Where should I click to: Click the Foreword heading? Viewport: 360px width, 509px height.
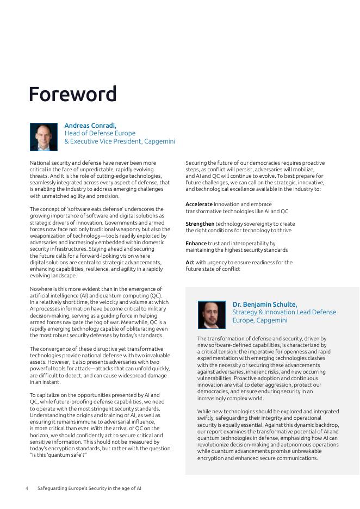pyautogui.click(x=72, y=94)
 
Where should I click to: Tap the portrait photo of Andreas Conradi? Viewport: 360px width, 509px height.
pyautogui.click(x=44, y=136)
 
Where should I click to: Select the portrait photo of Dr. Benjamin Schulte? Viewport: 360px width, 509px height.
pyautogui.click(x=212, y=315)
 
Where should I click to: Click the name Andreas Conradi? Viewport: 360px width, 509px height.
pyautogui.click(x=90, y=126)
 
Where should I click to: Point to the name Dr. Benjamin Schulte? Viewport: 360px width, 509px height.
pyautogui.click(x=265, y=305)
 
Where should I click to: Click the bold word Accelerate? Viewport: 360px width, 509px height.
pyautogui.click(x=199, y=204)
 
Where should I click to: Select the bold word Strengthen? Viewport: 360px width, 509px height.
pyautogui.click(x=200, y=224)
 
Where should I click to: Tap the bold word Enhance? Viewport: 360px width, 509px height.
pyautogui.click(x=196, y=243)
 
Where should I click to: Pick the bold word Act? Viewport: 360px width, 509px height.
pyautogui.click(x=190, y=262)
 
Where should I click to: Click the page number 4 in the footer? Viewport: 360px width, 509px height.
pyautogui.click(x=27, y=488)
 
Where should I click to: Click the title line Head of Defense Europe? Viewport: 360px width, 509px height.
pyautogui.click(x=100, y=133)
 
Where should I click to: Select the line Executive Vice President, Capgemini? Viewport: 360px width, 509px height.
pyautogui.click(x=123, y=141)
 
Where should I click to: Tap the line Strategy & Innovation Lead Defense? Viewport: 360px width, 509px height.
pyautogui.click(x=284, y=312)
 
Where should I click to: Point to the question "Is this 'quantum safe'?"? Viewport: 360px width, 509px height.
pyautogui.click(x=59, y=455)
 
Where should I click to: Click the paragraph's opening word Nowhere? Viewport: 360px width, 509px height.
pyautogui.click(x=42, y=289)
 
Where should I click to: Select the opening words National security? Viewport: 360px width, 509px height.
pyautogui.click(x=50, y=163)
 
